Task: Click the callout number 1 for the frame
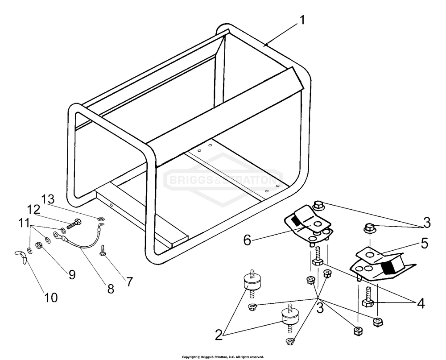[302, 20]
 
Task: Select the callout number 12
[34, 210]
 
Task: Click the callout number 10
[51, 298]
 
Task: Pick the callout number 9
[72, 275]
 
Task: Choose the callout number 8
[110, 289]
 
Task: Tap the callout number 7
[129, 282]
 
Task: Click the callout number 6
[248, 240]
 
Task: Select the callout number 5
[425, 244]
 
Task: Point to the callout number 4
[421, 303]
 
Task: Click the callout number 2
[219, 335]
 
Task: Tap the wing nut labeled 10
[21, 255]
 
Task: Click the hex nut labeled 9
[38, 245]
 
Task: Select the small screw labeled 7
[103, 249]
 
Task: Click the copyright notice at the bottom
[223, 357]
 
